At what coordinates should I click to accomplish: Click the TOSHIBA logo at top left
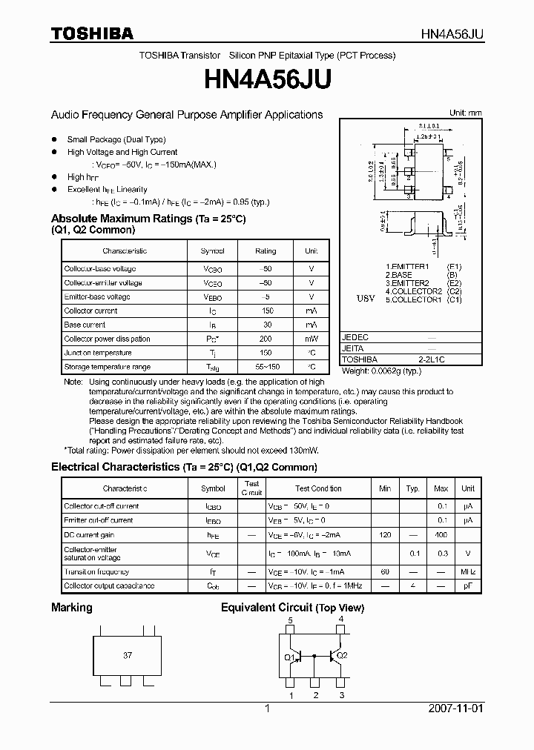pos(92,33)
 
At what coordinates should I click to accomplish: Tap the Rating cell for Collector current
pos(266,311)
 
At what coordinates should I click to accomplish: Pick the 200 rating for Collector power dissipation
pos(266,339)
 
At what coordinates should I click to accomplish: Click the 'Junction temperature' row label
pos(98,353)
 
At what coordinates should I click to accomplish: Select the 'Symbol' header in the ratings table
pos(213,251)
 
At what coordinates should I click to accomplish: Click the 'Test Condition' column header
pos(318,488)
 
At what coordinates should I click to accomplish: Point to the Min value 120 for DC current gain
pos(385,534)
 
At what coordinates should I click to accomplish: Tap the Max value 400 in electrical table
pos(441,534)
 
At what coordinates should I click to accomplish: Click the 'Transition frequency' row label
pos(96,571)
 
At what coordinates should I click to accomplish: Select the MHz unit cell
pos(467,571)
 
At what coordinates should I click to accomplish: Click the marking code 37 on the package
pos(128,656)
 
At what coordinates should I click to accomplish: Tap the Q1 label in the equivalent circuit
pos(289,657)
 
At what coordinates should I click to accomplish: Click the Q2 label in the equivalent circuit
pos(341,655)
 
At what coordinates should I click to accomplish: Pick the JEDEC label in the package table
pos(355,337)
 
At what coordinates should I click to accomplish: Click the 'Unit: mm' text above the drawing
pos(466,113)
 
